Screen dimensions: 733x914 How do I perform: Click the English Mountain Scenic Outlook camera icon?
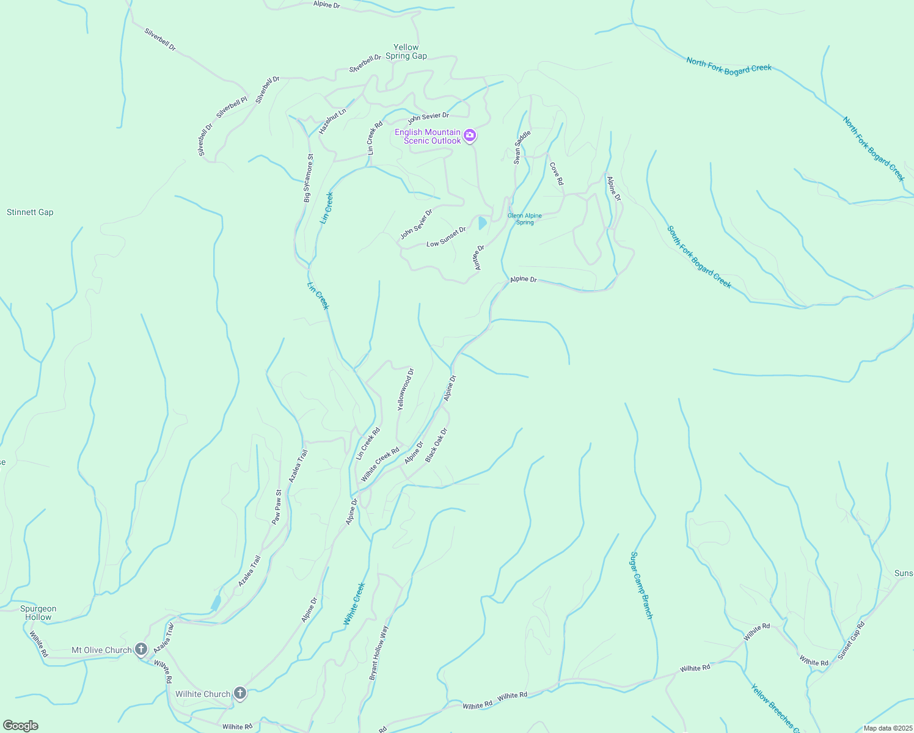pos(469,136)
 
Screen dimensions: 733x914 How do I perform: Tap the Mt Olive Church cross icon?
pos(141,649)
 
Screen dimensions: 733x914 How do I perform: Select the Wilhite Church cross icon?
pos(240,693)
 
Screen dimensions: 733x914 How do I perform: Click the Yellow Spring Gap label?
pos(406,51)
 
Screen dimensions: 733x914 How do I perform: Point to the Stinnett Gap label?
pos(30,212)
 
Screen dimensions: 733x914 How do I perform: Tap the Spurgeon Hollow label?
pos(38,613)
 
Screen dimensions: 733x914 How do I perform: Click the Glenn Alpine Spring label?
pos(525,219)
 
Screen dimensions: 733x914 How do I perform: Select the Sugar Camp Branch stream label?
pos(642,585)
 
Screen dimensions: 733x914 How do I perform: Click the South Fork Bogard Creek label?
pos(699,257)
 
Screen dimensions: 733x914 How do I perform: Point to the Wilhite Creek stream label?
pos(354,603)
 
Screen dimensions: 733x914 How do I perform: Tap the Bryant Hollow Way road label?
pos(379,652)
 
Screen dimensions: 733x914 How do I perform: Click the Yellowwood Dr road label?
pos(406,388)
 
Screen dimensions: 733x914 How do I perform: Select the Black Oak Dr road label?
pos(436,445)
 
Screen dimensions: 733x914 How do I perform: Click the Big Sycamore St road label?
pos(309,178)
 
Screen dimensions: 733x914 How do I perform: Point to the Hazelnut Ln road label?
pos(332,121)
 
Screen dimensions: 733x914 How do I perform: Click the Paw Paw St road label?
pos(277,507)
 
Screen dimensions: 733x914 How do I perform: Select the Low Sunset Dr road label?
pos(446,237)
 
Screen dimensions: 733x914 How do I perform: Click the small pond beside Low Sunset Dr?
pos(483,223)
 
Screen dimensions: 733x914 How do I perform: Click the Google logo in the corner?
pos(20,726)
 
